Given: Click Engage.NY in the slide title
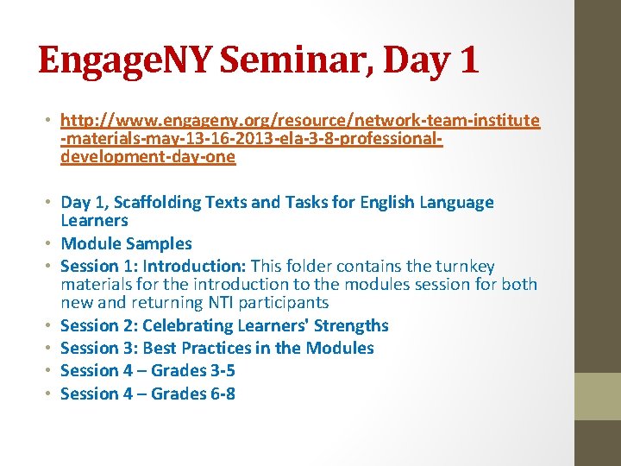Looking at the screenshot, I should point(129,61).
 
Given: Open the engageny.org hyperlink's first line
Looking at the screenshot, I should point(300,120).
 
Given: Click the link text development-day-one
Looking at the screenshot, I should point(147,157).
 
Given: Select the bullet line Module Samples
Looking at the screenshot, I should point(126,243).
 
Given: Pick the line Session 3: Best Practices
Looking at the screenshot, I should point(216,348).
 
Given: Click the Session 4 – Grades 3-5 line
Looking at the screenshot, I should point(147,370).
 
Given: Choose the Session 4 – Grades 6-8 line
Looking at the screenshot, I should point(147,394).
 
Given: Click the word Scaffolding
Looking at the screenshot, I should point(162,202).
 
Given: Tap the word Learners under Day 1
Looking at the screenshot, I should point(94,220).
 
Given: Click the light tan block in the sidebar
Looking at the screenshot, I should point(598,396).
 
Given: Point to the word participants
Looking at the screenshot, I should point(286,302).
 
